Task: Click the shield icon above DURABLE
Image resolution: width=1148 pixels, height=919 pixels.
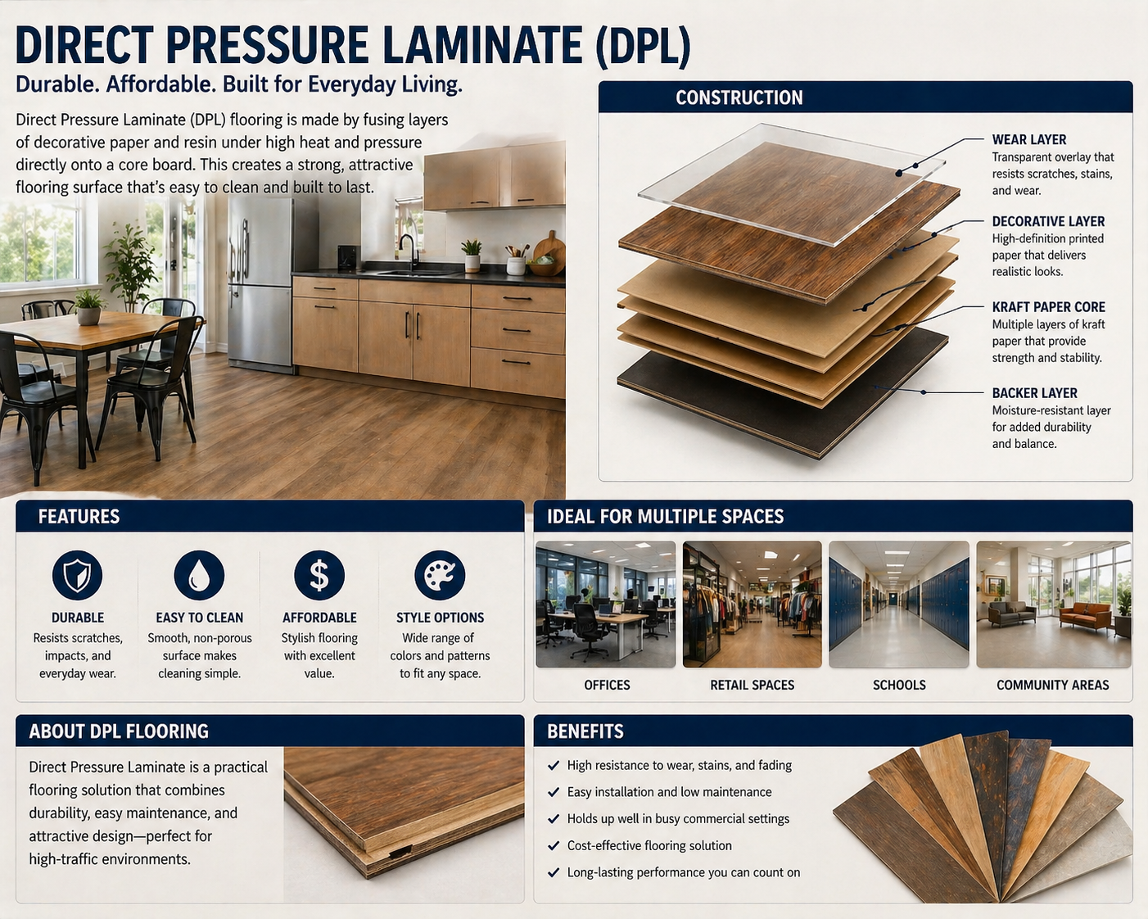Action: pyautogui.click(x=77, y=575)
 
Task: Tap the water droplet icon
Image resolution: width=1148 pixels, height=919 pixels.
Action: pyautogui.click(x=199, y=575)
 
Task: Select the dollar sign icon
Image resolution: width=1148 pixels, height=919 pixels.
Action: pyautogui.click(x=319, y=575)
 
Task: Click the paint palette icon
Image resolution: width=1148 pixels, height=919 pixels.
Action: pyautogui.click(x=440, y=575)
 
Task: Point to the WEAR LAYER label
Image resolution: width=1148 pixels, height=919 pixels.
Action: pyautogui.click(x=1028, y=140)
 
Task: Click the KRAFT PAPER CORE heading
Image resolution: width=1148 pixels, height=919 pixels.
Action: pyautogui.click(x=1048, y=307)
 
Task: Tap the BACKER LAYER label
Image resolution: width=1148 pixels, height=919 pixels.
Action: pyautogui.click(x=1034, y=393)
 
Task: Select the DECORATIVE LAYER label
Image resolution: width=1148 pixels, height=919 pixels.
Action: pyautogui.click(x=1048, y=221)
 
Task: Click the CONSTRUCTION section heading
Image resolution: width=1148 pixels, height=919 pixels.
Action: pyautogui.click(x=739, y=97)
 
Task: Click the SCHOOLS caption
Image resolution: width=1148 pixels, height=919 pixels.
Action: pyautogui.click(x=899, y=685)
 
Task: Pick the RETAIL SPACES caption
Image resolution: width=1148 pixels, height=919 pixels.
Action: pyautogui.click(x=752, y=685)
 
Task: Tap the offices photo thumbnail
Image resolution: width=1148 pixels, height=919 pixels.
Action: pyautogui.click(x=605, y=604)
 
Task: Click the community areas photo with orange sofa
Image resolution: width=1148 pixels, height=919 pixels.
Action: pyautogui.click(x=1054, y=604)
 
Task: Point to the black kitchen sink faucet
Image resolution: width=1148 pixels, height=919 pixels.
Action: pyautogui.click(x=409, y=251)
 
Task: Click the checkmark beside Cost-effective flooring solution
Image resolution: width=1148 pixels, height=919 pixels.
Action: pyautogui.click(x=554, y=845)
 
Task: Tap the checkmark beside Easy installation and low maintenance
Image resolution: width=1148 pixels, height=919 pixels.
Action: pyautogui.click(x=554, y=792)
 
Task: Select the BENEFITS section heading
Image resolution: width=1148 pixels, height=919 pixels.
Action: pyautogui.click(x=585, y=731)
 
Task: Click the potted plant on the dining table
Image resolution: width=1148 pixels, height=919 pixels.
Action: pyautogui.click(x=88, y=308)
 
